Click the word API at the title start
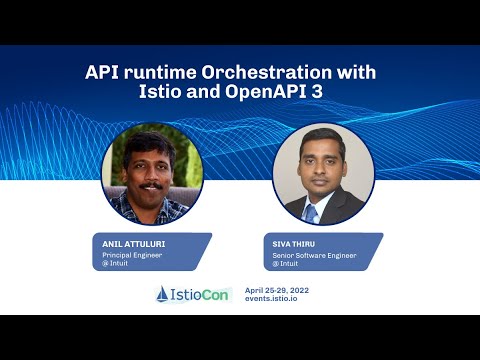click(x=103, y=73)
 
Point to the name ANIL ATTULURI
click(x=133, y=243)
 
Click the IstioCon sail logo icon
click(x=162, y=294)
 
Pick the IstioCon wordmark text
click(x=201, y=294)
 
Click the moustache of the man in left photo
click(x=151, y=185)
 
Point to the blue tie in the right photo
click(x=312, y=212)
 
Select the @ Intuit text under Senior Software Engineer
click(x=284, y=263)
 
